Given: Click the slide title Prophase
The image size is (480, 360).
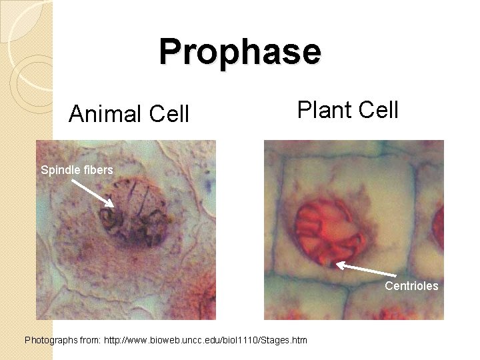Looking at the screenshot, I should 240,51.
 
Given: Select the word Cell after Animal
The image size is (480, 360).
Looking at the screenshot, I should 169,114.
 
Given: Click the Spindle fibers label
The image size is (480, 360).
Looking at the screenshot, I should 77,170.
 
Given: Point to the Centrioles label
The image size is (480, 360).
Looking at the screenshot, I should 411,286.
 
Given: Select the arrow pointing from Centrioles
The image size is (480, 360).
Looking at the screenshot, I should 370,273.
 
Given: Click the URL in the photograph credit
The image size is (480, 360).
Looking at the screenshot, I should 206,341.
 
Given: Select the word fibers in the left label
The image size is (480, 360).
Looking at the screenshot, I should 99,170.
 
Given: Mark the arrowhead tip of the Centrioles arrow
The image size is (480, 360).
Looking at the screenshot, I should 336,265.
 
